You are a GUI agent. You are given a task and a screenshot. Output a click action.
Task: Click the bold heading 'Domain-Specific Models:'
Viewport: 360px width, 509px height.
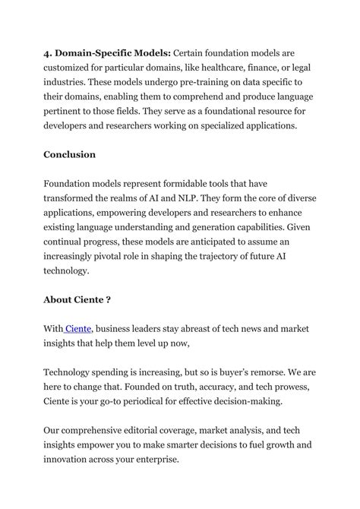coord(111,53)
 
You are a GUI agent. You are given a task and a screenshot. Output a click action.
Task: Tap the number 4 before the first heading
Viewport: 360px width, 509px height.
coord(47,53)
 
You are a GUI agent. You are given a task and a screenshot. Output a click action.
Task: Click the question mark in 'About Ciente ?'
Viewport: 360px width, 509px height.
coord(109,299)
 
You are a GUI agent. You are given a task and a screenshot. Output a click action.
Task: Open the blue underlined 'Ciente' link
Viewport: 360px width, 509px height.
coord(78,328)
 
